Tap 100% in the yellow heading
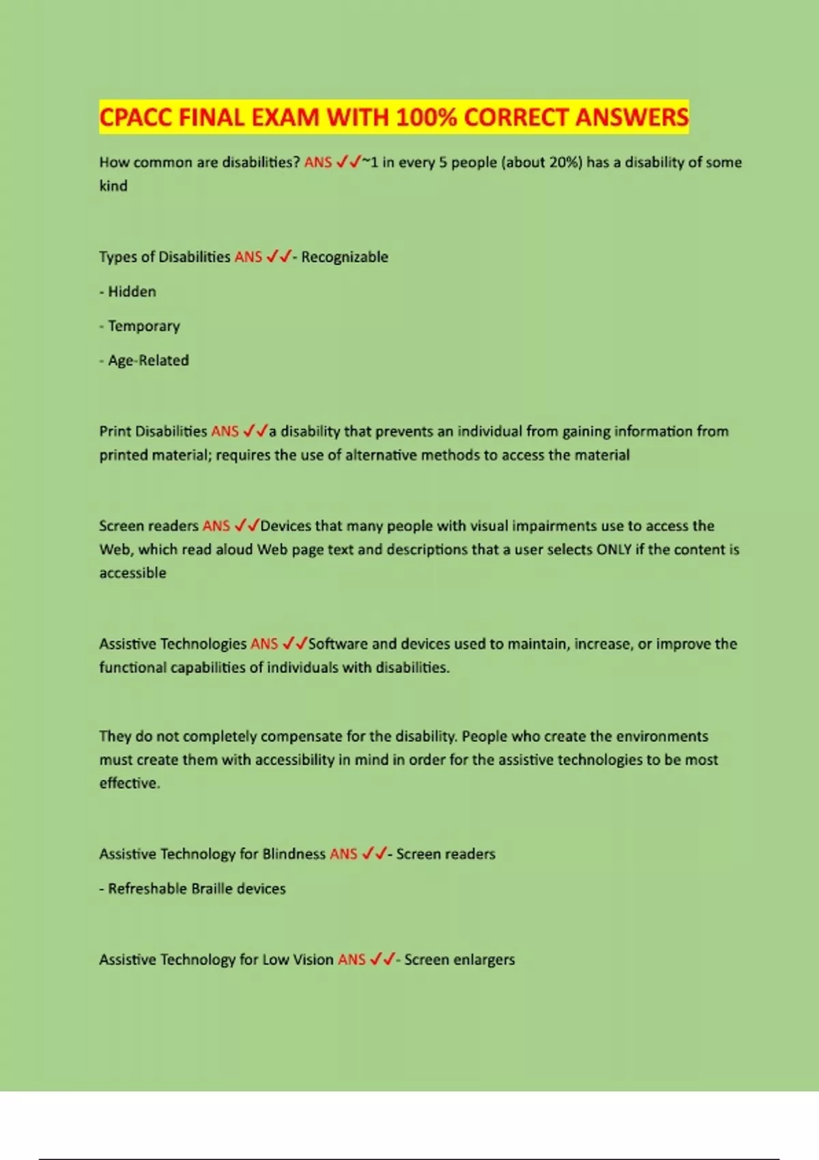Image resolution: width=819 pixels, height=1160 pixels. [x=426, y=117]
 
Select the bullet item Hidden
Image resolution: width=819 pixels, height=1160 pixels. [x=132, y=291]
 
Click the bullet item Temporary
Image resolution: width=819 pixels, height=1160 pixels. [x=143, y=326]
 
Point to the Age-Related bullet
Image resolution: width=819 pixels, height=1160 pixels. [x=148, y=360]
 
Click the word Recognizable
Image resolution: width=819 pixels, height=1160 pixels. [x=345, y=257]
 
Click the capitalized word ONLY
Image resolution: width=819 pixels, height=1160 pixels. [x=614, y=549]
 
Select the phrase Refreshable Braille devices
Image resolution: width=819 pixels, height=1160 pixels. [x=197, y=888]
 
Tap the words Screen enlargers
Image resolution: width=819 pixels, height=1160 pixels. [x=459, y=959]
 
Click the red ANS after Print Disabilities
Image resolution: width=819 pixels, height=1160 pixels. [x=225, y=431]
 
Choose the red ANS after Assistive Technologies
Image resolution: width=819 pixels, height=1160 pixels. [x=264, y=643]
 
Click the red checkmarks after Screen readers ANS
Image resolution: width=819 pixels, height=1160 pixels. [x=246, y=525]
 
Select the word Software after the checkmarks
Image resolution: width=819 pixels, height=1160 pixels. [x=338, y=643]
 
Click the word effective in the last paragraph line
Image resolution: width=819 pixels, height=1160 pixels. [x=128, y=783]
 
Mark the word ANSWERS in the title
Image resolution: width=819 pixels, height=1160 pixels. [x=631, y=117]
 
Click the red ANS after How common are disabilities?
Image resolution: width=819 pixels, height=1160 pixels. [x=318, y=162]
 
